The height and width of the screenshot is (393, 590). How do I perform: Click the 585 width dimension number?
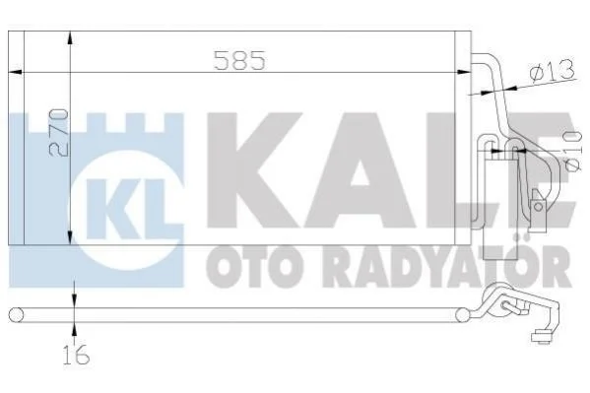click(239, 60)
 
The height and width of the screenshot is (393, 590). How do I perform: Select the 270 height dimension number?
click(59, 133)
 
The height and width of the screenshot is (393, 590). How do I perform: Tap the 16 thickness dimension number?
click(77, 355)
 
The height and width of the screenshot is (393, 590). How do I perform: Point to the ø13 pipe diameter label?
click(553, 71)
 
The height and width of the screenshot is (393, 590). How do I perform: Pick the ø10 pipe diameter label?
click(573, 152)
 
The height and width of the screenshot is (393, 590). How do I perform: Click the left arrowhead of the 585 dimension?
click(16, 72)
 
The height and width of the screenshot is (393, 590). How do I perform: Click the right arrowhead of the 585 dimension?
click(463, 72)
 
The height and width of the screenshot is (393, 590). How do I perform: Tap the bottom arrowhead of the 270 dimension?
click(70, 236)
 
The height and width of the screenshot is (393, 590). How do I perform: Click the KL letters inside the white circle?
click(126, 209)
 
